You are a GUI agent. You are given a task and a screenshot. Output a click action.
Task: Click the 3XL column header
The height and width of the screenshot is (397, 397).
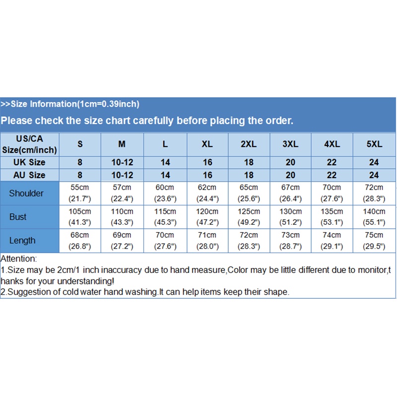coord(290,144)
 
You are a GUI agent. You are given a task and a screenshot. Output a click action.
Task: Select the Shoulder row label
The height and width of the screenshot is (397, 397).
coord(26,194)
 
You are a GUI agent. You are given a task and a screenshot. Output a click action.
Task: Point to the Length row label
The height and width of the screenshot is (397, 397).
coord(22,241)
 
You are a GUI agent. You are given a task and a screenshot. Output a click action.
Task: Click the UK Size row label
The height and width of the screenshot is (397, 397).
coord(30,162)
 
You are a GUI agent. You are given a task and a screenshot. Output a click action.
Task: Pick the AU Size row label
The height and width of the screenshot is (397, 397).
coord(30,175)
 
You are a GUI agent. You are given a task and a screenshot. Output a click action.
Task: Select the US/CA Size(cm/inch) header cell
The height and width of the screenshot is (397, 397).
coord(30,144)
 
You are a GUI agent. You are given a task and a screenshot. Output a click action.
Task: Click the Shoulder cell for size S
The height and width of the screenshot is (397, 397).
coord(80,194)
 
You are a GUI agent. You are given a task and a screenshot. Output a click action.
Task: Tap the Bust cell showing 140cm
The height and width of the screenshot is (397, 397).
coord(374,217)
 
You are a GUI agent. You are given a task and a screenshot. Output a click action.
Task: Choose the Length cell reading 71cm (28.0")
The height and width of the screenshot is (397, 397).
coord(207,241)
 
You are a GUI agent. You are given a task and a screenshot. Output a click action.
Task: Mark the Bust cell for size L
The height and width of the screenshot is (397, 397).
coord(165,217)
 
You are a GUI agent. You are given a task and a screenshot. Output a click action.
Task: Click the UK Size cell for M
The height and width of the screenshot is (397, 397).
coord(122,162)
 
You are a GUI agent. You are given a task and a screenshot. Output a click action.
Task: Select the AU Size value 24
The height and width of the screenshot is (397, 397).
coord(374,175)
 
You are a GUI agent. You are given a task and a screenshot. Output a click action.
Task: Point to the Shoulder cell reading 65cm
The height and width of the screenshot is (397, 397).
coord(249,194)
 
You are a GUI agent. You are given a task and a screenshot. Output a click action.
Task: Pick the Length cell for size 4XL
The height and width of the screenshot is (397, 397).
coord(331,241)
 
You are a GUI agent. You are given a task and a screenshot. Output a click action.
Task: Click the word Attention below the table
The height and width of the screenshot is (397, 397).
coord(18,259)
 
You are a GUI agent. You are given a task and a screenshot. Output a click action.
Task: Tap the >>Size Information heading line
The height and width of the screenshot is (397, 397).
coord(69,104)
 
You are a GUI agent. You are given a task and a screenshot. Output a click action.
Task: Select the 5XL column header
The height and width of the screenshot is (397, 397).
coord(374,144)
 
